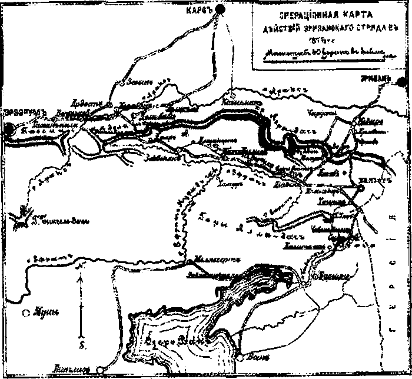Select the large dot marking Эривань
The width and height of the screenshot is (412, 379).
tap(403, 82)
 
